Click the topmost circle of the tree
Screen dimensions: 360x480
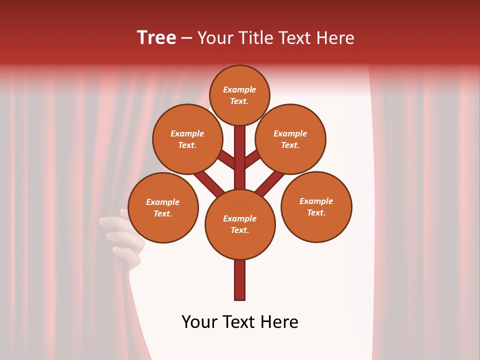coord(239,95)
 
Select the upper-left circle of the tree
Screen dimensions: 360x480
coord(187,139)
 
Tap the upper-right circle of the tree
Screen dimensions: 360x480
coord(290,139)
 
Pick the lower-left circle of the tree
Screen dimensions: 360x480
coord(163,207)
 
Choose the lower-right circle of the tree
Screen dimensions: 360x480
coord(316,206)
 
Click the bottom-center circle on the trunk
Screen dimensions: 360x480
coord(240,224)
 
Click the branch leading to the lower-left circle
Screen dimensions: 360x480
coord(209,183)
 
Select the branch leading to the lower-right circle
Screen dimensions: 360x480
coord(270,183)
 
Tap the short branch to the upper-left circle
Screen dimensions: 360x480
coord(226,159)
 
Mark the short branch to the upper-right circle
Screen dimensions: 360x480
coord(252,158)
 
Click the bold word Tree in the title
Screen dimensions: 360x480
coord(156,37)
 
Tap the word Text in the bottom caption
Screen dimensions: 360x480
coord(239,322)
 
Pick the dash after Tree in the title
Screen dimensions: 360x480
coord(186,38)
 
